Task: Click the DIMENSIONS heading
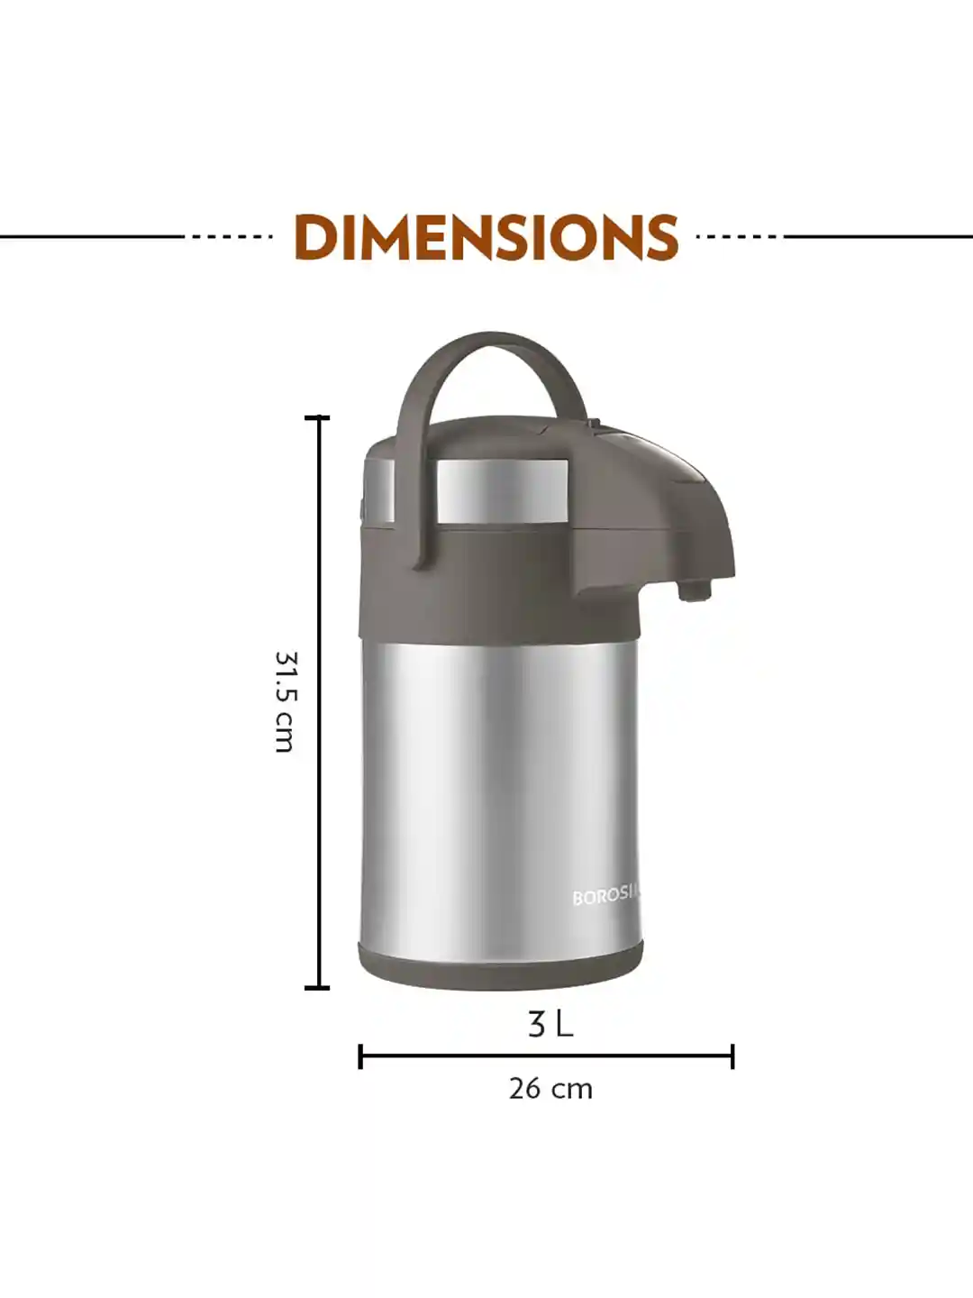click(x=486, y=238)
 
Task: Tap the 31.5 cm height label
click(x=285, y=701)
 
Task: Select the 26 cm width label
click(x=550, y=1089)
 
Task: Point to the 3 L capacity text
click(x=550, y=1025)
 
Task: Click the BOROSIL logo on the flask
click(x=606, y=897)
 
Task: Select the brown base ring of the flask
click(x=501, y=964)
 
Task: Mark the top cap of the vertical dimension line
click(x=317, y=418)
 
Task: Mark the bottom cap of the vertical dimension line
click(x=317, y=988)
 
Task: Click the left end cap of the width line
click(x=360, y=1056)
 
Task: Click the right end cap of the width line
click(x=732, y=1056)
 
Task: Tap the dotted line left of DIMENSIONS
click(x=232, y=238)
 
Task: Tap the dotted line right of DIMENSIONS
click(x=739, y=238)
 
